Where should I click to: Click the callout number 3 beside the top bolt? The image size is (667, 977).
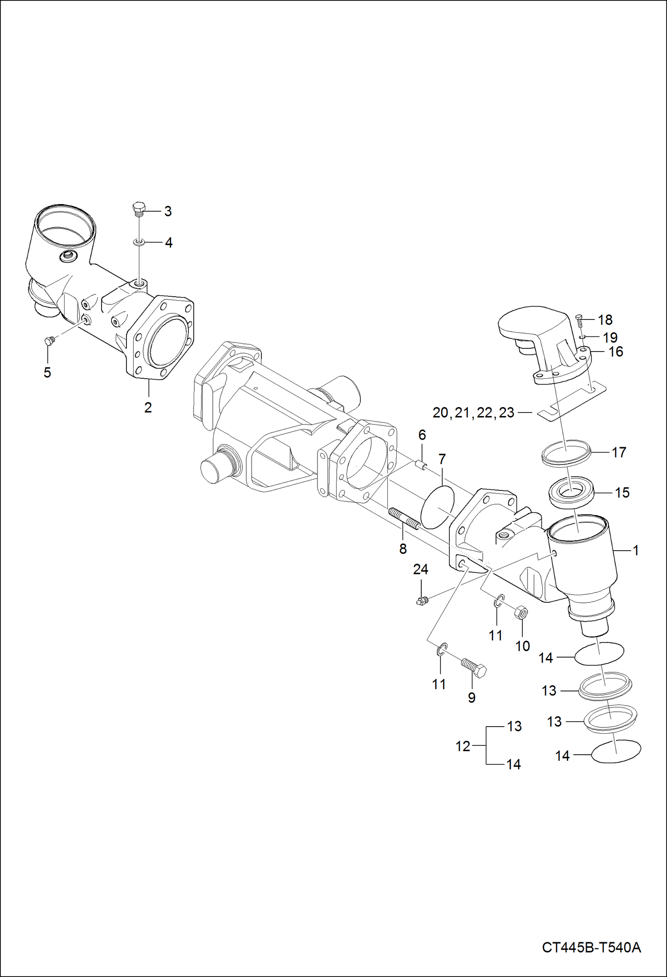click(x=167, y=211)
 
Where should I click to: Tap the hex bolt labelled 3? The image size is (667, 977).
click(x=139, y=209)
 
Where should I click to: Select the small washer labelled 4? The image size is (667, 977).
click(x=139, y=242)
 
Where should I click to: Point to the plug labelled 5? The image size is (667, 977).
click(x=49, y=341)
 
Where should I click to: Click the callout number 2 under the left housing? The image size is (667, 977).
click(x=148, y=407)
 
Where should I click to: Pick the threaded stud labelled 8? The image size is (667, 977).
click(x=404, y=519)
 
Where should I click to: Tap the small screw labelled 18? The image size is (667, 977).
click(x=579, y=319)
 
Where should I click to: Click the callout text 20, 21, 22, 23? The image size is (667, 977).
click(x=473, y=413)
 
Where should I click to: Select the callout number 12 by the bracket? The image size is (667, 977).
click(x=463, y=746)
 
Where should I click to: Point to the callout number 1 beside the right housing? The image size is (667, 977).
click(x=636, y=551)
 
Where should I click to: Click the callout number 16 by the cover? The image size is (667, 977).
click(x=615, y=352)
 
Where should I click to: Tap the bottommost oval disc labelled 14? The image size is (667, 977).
click(x=616, y=751)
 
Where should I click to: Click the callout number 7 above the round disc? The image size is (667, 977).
click(x=442, y=459)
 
